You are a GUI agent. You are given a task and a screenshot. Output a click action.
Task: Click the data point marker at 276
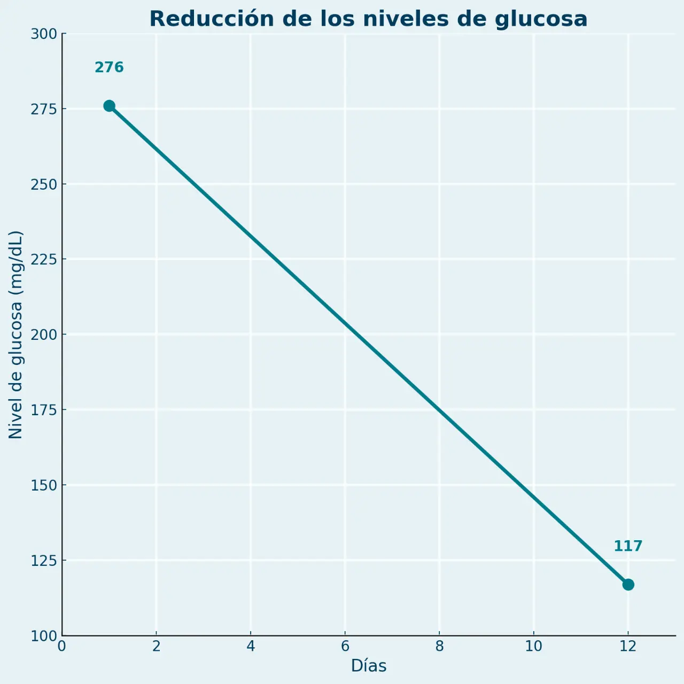[109, 106]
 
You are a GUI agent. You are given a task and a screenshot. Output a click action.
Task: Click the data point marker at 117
[628, 585]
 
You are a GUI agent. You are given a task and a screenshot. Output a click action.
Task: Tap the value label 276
[109, 68]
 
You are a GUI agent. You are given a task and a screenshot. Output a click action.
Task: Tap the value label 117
[628, 546]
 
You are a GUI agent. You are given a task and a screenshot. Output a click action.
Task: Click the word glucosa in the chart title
[541, 19]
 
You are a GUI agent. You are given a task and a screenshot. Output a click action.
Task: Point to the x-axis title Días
[369, 666]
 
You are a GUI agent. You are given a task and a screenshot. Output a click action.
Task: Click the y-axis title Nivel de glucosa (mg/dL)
[16, 335]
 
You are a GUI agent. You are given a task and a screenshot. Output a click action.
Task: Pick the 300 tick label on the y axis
[44, 34]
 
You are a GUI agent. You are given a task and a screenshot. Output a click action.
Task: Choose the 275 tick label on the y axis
[44, 109]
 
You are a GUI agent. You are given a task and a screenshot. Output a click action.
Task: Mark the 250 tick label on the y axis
[44, 184]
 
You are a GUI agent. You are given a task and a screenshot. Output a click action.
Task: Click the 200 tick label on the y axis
[44, 335]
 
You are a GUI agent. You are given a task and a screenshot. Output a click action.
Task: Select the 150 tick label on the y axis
[44, 485]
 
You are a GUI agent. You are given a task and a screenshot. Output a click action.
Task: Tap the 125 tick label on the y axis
[44, 561]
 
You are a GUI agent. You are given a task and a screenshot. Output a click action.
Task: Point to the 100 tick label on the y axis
[44, 636]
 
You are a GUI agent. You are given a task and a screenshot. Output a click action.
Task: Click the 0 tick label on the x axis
[62, 647]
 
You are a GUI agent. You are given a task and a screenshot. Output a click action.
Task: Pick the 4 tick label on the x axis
[251, 647]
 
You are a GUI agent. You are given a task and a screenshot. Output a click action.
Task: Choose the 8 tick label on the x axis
[439, 647]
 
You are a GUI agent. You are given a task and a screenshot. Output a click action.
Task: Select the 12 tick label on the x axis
[628, 647]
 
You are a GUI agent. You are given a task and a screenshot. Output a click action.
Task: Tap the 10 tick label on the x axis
[533, 647]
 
